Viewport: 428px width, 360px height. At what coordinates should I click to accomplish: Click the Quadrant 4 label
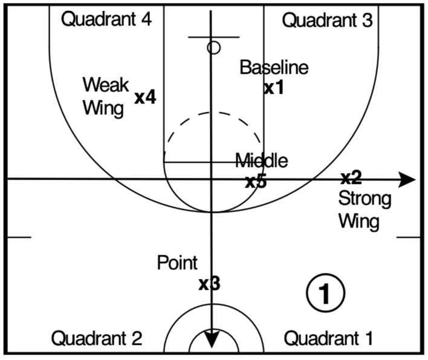[106, 19]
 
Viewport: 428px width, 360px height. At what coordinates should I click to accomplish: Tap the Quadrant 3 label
[327, 21]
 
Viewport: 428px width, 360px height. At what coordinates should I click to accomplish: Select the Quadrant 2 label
[97, 338]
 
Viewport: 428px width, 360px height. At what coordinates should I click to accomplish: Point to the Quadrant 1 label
[328, 338]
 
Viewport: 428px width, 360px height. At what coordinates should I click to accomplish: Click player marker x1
[274, 88]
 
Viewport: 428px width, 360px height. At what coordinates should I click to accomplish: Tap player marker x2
[351, 178]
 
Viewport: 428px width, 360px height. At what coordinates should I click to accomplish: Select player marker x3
[209, 283]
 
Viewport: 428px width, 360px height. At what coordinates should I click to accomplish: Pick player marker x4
[146, 97]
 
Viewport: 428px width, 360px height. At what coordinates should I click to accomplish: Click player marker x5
[256, 181]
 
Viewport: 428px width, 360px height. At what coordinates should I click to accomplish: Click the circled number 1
[325, 293]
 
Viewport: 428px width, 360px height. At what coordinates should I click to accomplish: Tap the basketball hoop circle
[213, 47]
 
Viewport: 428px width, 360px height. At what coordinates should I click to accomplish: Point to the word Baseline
[274, 68]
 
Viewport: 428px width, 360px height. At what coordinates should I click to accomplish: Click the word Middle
[261, 161]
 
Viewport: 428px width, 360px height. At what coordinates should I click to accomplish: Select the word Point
[177, 263]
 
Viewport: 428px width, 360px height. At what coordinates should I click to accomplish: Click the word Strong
[365, 198]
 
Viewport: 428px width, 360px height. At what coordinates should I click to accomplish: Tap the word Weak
[106, 84]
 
